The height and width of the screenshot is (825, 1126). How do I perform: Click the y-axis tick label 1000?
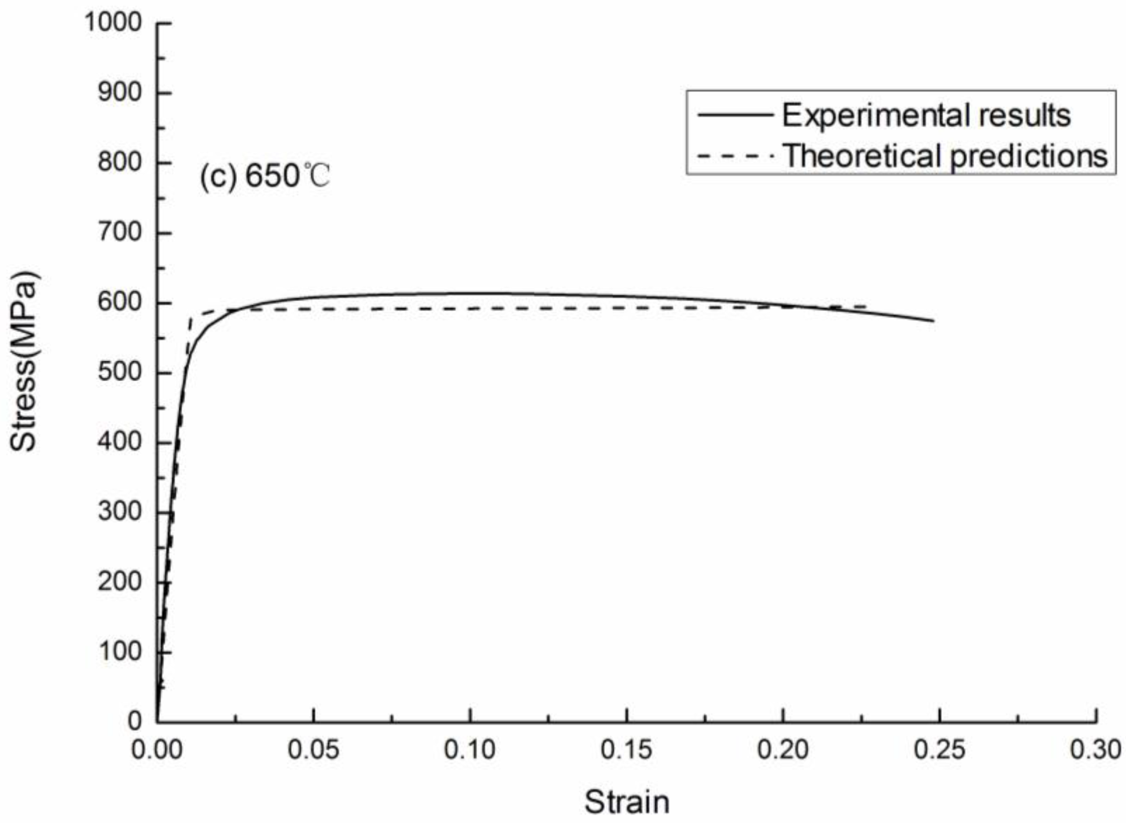point(114,22)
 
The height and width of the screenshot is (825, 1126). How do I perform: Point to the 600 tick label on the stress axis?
point(120,303)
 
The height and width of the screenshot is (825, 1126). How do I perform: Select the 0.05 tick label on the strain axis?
point(314,750)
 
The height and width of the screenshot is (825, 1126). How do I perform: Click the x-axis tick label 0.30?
point(1096,750)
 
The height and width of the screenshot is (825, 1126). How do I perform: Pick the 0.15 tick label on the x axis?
point(626,750)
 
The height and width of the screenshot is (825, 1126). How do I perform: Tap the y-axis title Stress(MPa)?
point(23,362)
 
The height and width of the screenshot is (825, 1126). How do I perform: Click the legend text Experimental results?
point(926,116)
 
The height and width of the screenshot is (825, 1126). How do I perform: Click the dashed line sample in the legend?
point(735,156)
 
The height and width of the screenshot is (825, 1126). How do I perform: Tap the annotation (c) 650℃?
point(265,176)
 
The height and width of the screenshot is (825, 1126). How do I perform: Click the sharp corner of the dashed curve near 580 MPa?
point(191,318)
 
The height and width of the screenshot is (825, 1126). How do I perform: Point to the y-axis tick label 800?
point(120,162)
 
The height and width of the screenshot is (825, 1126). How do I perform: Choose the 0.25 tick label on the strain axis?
point(940,750)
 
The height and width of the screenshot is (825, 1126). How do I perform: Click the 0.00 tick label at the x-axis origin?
point(157,750)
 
